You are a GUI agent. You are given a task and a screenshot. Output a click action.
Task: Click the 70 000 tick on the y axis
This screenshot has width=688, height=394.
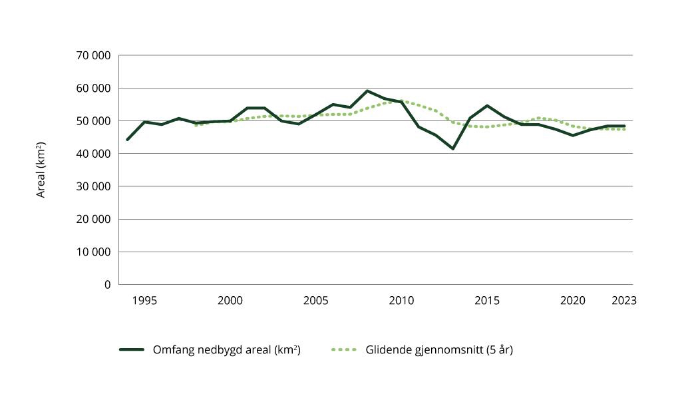coord(94,55)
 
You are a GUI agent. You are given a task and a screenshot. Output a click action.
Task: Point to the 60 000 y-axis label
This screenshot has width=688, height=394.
coord(94,88)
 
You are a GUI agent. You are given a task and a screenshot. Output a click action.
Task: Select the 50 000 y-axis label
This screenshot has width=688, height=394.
coord(94,120)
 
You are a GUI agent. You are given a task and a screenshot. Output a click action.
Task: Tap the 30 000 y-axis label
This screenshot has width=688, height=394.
coord(94,186)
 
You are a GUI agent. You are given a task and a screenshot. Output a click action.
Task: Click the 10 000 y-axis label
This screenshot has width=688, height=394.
coord(94,252)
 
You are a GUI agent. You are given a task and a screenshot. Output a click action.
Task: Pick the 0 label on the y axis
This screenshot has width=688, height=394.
coord(106,285)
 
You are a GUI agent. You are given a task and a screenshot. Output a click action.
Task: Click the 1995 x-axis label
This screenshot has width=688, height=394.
coord(144,301)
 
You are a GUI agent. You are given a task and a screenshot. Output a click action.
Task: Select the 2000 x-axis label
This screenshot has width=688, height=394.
coord(230,301)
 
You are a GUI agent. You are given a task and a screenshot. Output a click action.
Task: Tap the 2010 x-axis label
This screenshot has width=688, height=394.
coord(401,301)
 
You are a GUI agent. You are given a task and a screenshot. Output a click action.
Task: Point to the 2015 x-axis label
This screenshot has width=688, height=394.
coord(487,301)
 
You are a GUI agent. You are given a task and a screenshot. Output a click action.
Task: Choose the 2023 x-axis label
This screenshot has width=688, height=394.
coord(624,301)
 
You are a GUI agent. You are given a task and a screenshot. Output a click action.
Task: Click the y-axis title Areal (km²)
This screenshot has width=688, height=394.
coord(41,170)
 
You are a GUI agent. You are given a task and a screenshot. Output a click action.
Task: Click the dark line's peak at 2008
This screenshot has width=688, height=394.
coord(367,91)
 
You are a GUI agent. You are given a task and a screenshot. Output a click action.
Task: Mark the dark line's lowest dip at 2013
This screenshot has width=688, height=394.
coord(453,148)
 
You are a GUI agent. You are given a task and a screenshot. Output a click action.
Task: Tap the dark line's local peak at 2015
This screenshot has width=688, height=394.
coord(487,106)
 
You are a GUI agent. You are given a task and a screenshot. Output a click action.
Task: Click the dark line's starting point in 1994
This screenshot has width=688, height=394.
coord(127,140)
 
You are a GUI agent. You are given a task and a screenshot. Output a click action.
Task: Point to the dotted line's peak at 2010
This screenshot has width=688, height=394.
coord(401,101)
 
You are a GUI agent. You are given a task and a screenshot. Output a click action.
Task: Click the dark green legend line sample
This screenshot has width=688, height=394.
coord(132,349)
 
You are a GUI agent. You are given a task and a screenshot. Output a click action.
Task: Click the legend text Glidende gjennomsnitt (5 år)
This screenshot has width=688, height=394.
coord(438,349)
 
